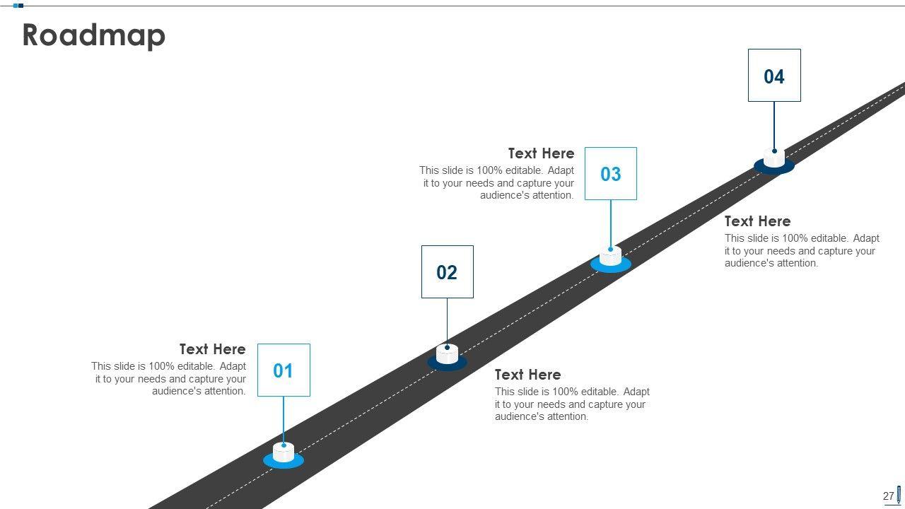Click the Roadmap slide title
click(94, 35)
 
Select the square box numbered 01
click(284, 370)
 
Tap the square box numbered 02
click(447, 272)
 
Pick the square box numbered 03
click(611, 174)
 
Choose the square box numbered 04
click(774, 76)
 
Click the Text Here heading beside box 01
click(212, 349)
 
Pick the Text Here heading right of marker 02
click(527, 375)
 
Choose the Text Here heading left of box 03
click(541, 153)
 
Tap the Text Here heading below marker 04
click(757, 221)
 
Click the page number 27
click(888, 496)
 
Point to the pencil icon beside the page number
click(899, 494)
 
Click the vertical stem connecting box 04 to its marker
click(774, 124)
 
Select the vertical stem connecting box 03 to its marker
click(611, 223)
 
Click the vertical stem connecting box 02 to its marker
click(447, 321)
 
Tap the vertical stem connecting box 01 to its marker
click(284, 419)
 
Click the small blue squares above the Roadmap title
click(18, 6)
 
